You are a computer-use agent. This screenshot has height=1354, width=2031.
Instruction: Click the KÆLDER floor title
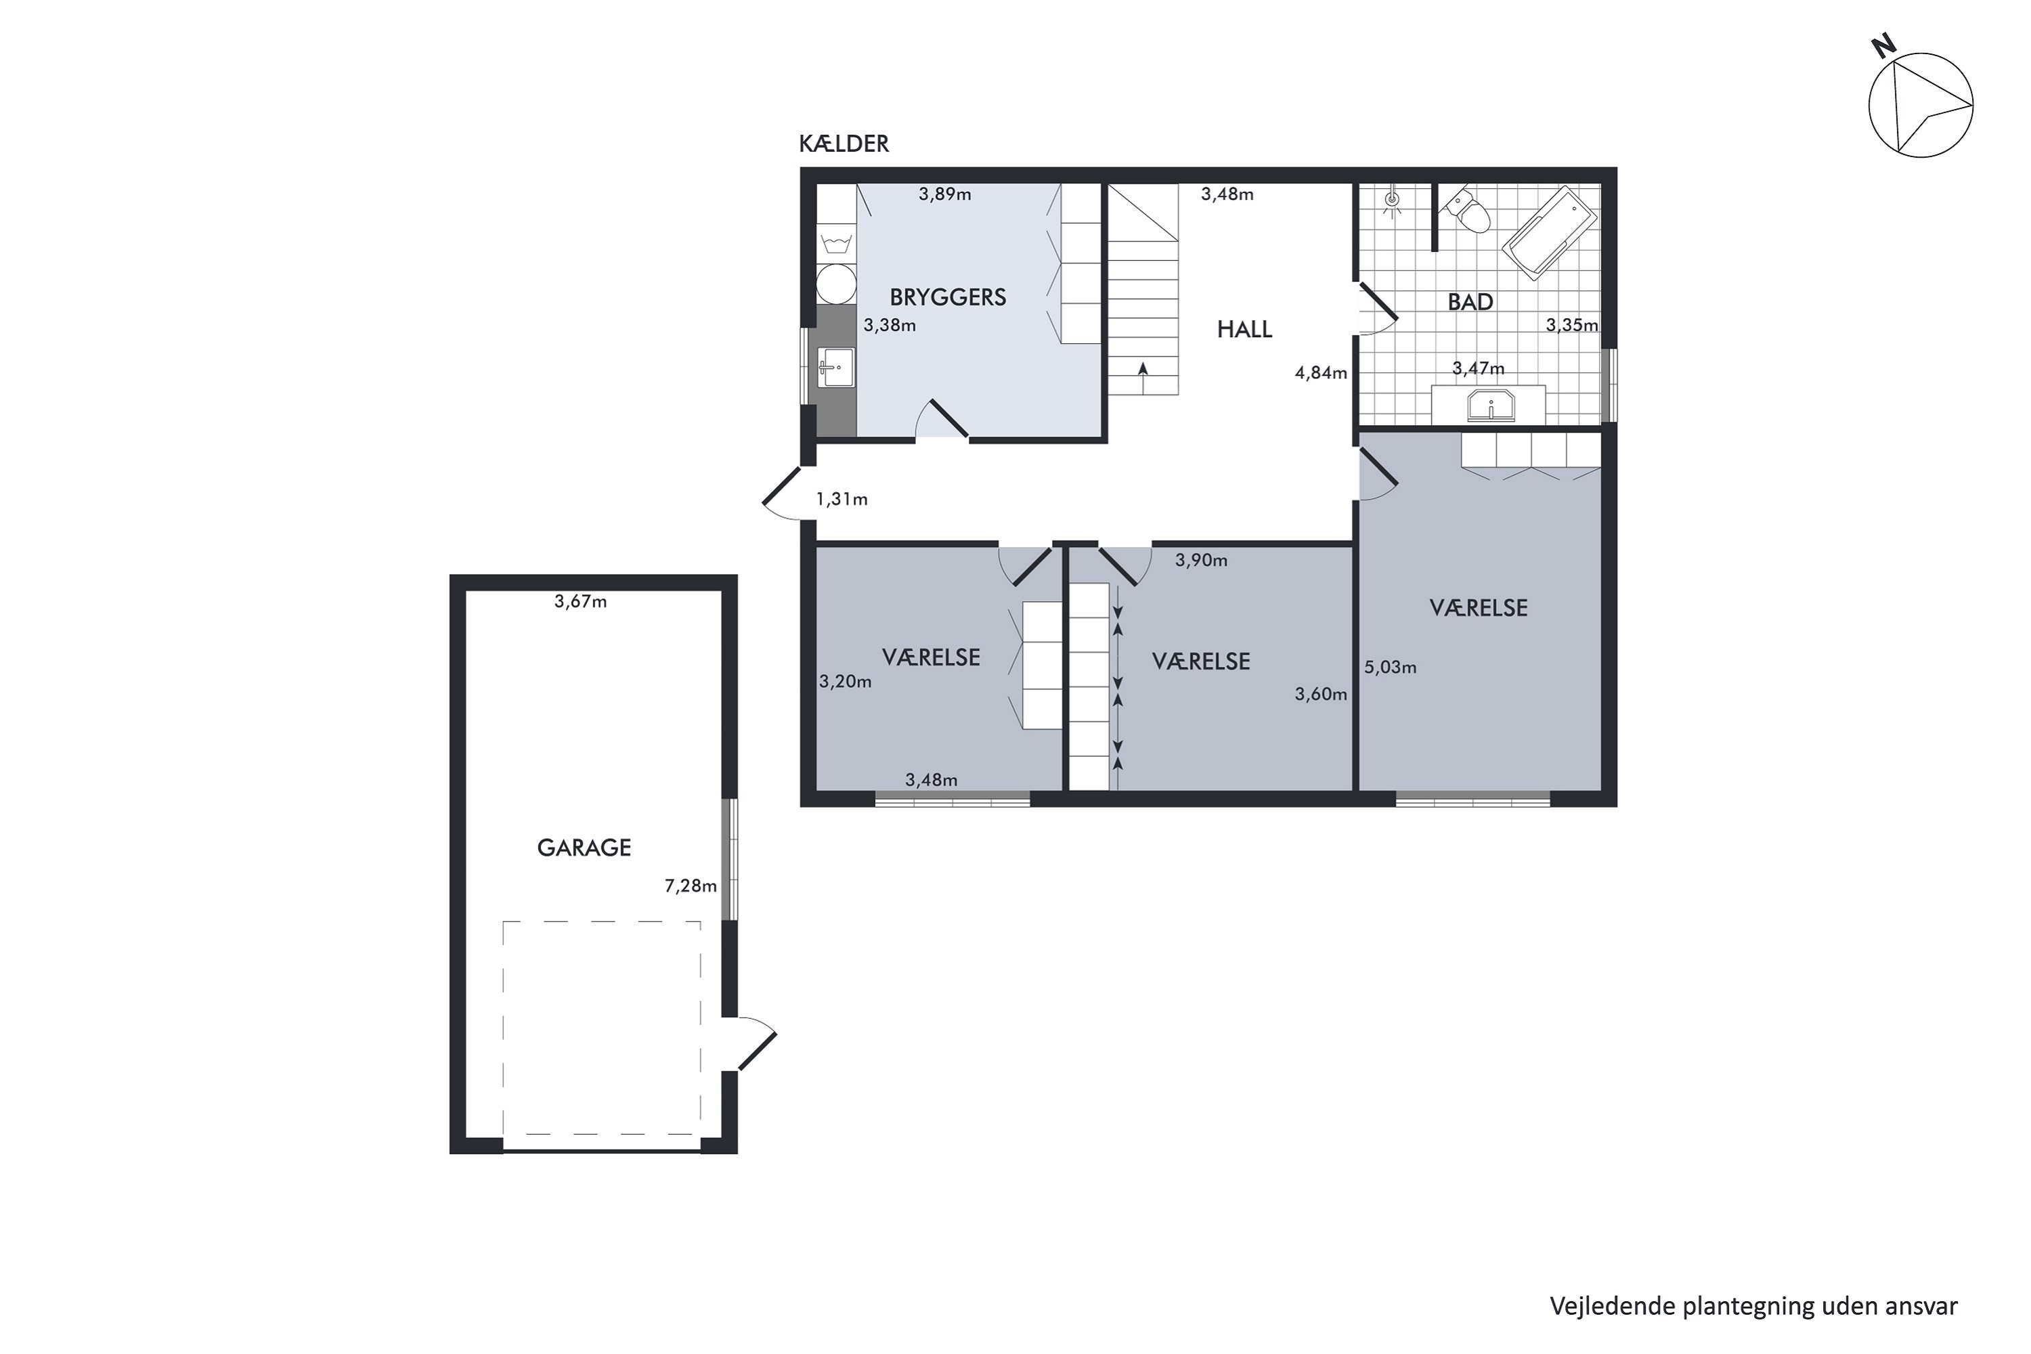tap(843, 144)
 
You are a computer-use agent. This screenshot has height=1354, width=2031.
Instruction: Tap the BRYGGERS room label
tap(947, 297)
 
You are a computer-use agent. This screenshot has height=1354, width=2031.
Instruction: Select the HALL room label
tap(1244, 329)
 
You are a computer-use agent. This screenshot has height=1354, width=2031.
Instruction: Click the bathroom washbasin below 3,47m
tap(1491, 406)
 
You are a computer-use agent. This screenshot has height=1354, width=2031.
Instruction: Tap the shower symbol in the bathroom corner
tap(1391, 201)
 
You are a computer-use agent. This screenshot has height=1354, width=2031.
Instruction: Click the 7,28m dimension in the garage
tap(690, 886)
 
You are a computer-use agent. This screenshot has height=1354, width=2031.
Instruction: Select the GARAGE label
tap(584, 848)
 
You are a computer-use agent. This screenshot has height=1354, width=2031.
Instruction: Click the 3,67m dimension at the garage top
tap(580, 602)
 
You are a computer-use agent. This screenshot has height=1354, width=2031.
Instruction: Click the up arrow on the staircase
tap(1143, 370)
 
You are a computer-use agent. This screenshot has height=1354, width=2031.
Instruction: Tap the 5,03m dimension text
tap(1389, 668)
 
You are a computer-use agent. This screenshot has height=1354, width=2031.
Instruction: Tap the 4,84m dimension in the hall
tap(1320, 373)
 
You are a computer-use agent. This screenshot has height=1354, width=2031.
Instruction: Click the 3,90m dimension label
tap(1200, 561)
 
